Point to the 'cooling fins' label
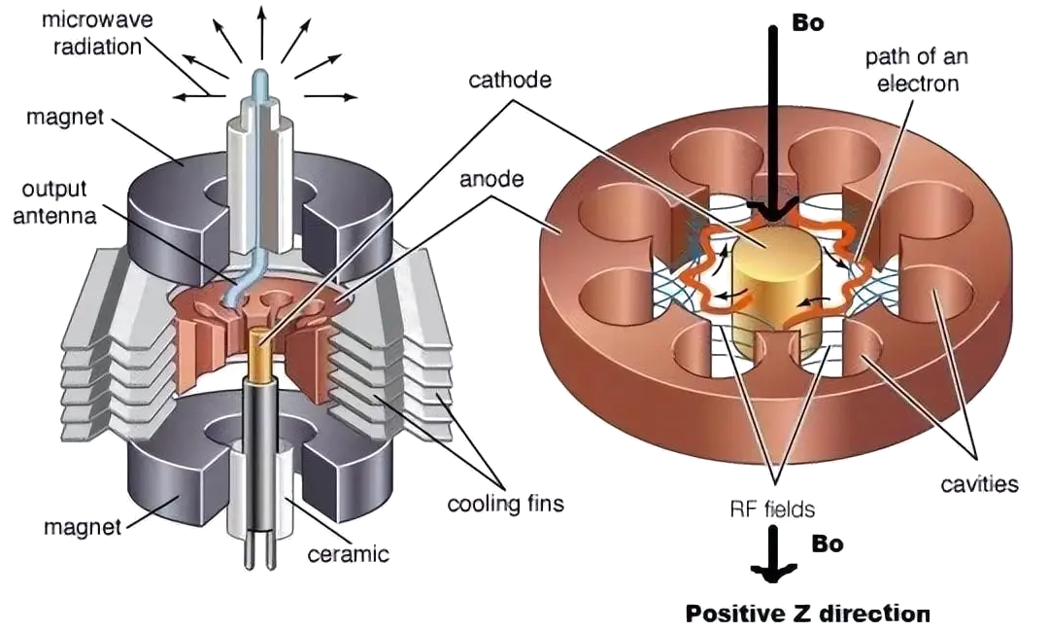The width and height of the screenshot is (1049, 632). pos(505,505)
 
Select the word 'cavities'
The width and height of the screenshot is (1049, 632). pos(978,482)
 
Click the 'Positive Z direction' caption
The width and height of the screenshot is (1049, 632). pos(807,614)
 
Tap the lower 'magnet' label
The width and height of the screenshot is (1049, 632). pos(83,528)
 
